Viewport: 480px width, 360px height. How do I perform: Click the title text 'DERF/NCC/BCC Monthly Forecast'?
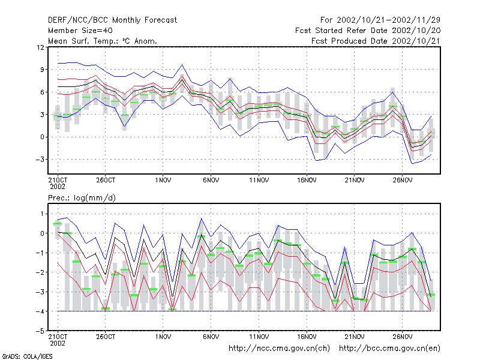coord(112,20)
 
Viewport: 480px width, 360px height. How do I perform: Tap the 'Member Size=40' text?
coord(80,31)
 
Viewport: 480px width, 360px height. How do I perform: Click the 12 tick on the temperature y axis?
coord(40,47)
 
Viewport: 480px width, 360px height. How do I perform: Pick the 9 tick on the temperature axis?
coord(42,70)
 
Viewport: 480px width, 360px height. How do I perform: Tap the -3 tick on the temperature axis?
coord(40,160)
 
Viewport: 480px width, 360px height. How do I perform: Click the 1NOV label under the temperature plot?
coord(163,181)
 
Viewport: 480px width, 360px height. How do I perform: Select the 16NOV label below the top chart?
coord(307,181)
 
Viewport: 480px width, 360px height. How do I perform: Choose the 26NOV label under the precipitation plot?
coord(402,337)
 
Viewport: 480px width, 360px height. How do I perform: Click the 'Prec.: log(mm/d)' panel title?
coord(82,198)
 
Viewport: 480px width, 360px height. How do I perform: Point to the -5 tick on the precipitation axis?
coord(40,331)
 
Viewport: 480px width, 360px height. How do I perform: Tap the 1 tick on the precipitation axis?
coord(42,214)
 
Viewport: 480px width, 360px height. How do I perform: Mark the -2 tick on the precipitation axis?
coord(40,272)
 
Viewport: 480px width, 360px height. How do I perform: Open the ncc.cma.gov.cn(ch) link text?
coord(279,349)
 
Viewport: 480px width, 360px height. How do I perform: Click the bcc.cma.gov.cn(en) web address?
coord(389,349)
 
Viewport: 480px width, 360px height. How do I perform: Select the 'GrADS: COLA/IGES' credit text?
coord(27,356)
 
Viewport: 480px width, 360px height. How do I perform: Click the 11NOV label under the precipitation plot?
coord(259,337)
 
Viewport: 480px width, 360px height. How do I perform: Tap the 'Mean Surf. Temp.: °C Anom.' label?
coord(103,41)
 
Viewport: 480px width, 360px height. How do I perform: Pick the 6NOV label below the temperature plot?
coord(211,181)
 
